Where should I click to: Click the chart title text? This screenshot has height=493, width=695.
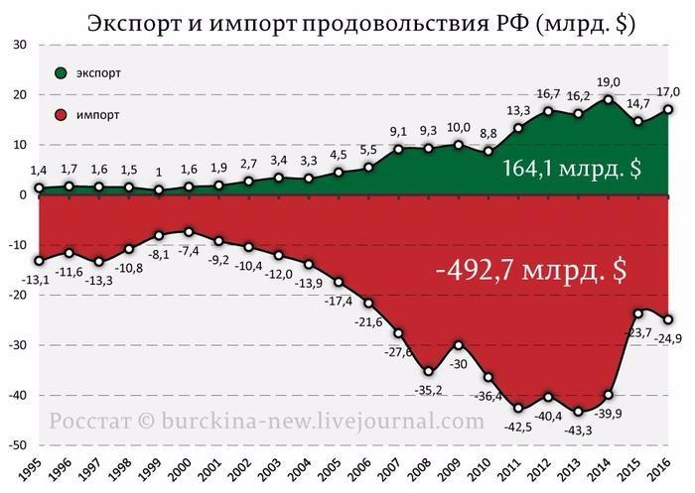[347, 21]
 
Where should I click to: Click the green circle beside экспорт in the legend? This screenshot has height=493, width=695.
[62, 73]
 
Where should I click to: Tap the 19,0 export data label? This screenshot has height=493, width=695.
[608, 83]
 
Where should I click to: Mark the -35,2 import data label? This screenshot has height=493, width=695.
[429, 389]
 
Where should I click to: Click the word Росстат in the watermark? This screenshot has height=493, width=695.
[90, 421]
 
